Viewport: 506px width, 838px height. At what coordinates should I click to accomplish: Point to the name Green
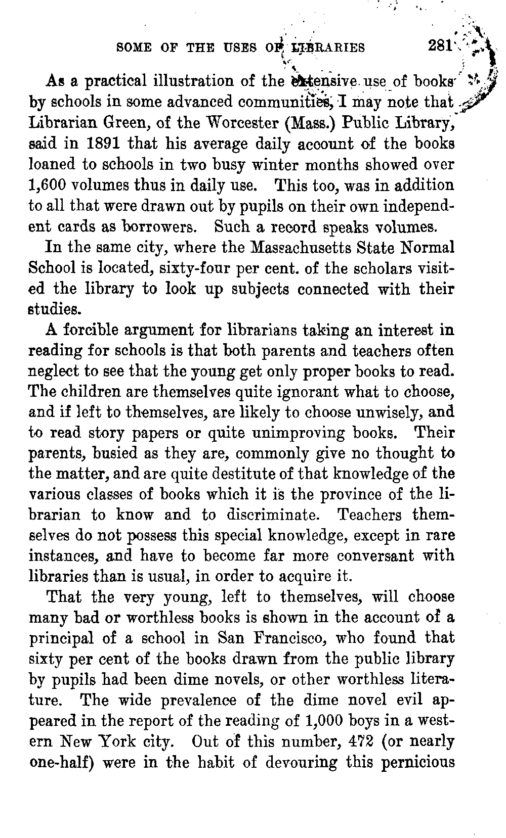(x=140, y=123)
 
